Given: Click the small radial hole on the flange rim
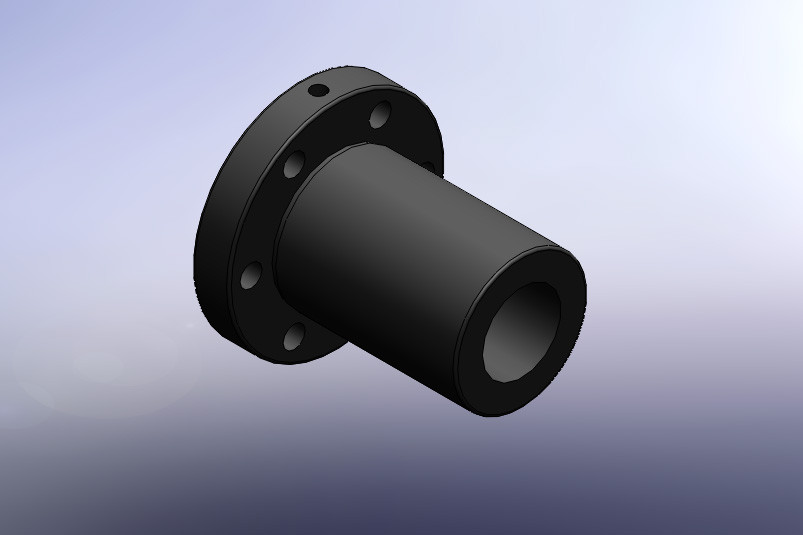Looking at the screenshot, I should [318, 91].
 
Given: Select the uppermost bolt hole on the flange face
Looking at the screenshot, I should [380, 116].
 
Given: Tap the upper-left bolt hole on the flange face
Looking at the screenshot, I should [294, 165].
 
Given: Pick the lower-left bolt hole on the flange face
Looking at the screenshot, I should [250, 275].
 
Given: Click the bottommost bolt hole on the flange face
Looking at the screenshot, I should [293, 338].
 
